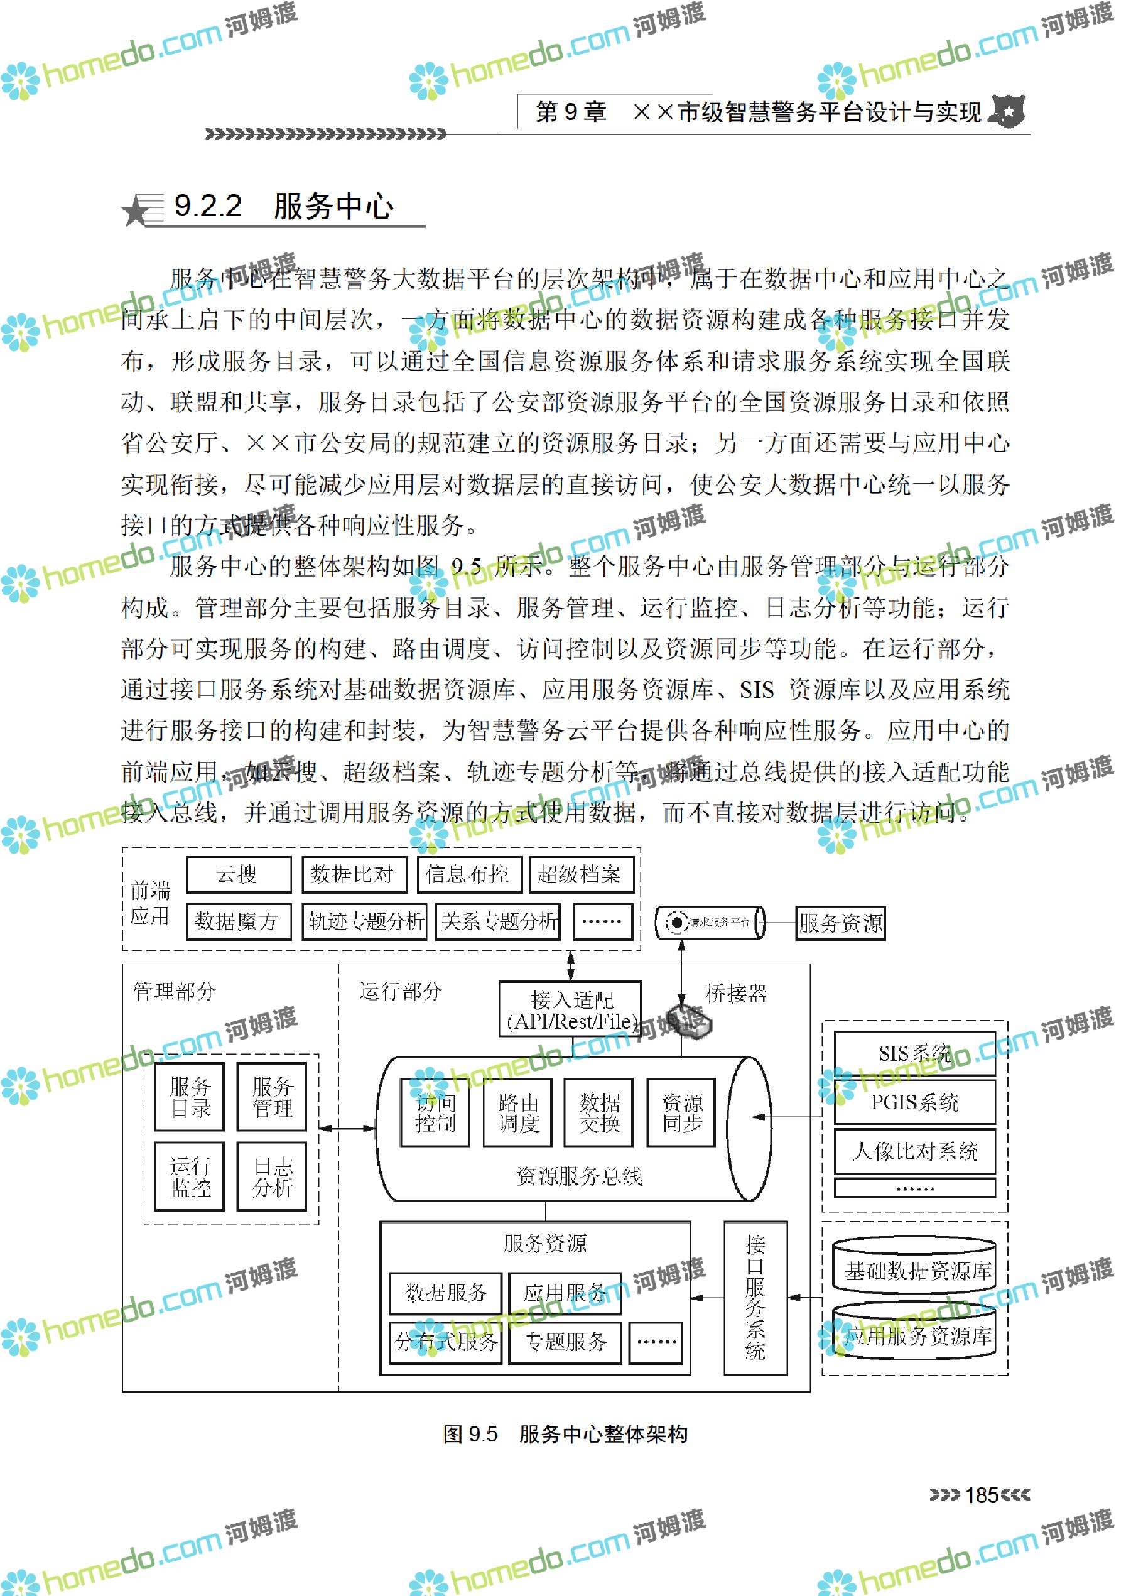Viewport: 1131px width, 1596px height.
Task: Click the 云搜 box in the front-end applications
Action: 238,874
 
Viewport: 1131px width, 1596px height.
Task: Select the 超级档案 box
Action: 581,874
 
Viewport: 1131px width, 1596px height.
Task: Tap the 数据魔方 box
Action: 238,921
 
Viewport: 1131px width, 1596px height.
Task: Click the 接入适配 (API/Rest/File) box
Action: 570,1010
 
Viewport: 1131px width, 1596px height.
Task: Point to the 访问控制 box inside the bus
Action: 435,1112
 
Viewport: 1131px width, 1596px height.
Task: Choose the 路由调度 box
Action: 517,1112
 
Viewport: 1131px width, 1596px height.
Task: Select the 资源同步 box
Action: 681,1112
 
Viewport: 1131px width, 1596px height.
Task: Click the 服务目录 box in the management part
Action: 190,1097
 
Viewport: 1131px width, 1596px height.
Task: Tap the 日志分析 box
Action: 272,1176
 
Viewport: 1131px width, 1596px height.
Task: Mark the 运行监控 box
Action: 190,1176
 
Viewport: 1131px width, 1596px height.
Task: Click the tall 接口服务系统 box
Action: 755,1298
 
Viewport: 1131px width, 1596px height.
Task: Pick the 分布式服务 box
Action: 446,1342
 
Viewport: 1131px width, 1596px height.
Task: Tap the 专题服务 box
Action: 565,1342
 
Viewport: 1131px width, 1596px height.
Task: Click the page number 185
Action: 982,1495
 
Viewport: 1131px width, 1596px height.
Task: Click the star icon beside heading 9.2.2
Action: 135,211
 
